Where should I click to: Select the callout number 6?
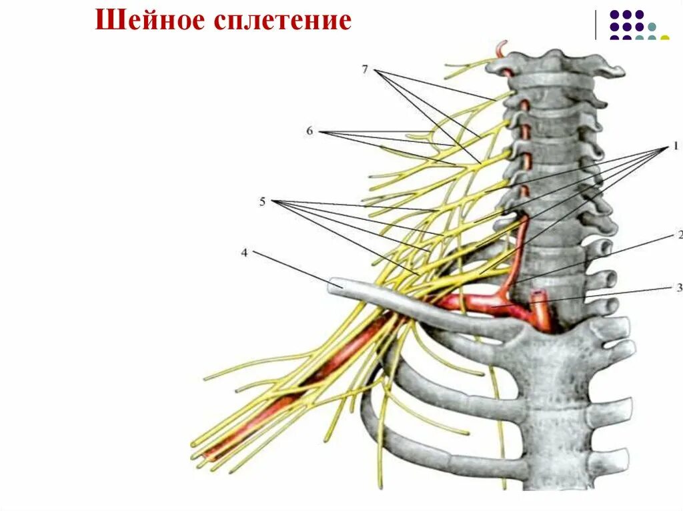(x=309, y=131)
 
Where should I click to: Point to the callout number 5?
(x=263, y=201)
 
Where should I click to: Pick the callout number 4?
(x=245, y=253)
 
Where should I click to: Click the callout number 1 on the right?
(x=674, y=145)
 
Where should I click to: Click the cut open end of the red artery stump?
(x=538, y=293)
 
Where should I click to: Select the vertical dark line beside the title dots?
(x=596, y=25)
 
